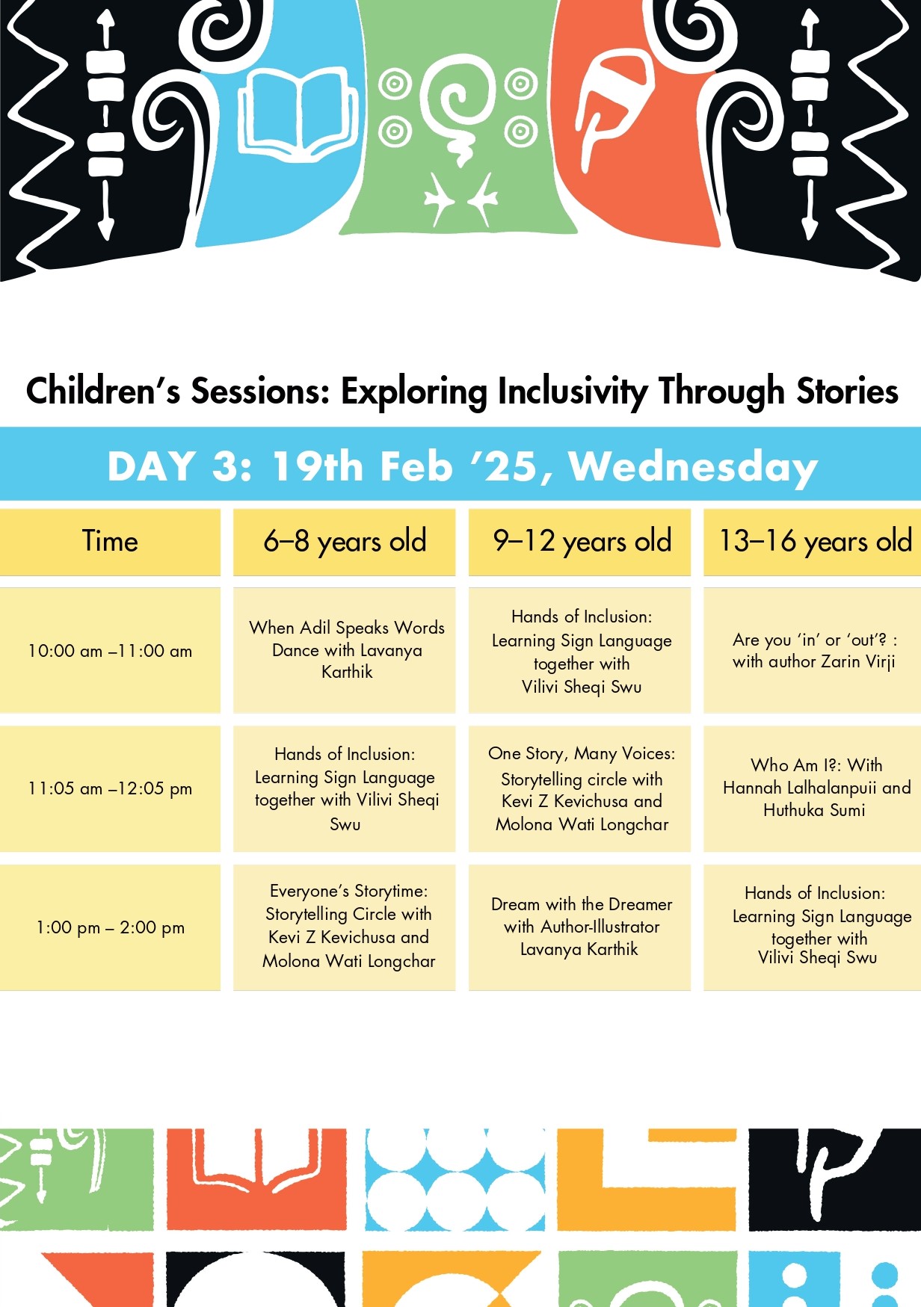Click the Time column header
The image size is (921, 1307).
110,542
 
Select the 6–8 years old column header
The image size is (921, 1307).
344,542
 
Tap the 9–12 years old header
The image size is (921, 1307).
579,542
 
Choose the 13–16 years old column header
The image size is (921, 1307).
813,542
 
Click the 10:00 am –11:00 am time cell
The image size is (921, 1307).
110,651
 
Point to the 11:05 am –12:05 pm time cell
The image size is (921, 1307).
110,788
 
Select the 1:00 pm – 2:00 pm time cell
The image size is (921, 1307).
110,927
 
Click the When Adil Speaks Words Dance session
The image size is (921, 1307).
344,651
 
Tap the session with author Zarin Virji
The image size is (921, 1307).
813,651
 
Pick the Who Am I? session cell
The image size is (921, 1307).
813,788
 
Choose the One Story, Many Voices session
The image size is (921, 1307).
579,788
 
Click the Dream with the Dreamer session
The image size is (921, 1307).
579,927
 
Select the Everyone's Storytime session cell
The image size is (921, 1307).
344,927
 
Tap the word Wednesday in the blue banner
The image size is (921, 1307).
693,467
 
